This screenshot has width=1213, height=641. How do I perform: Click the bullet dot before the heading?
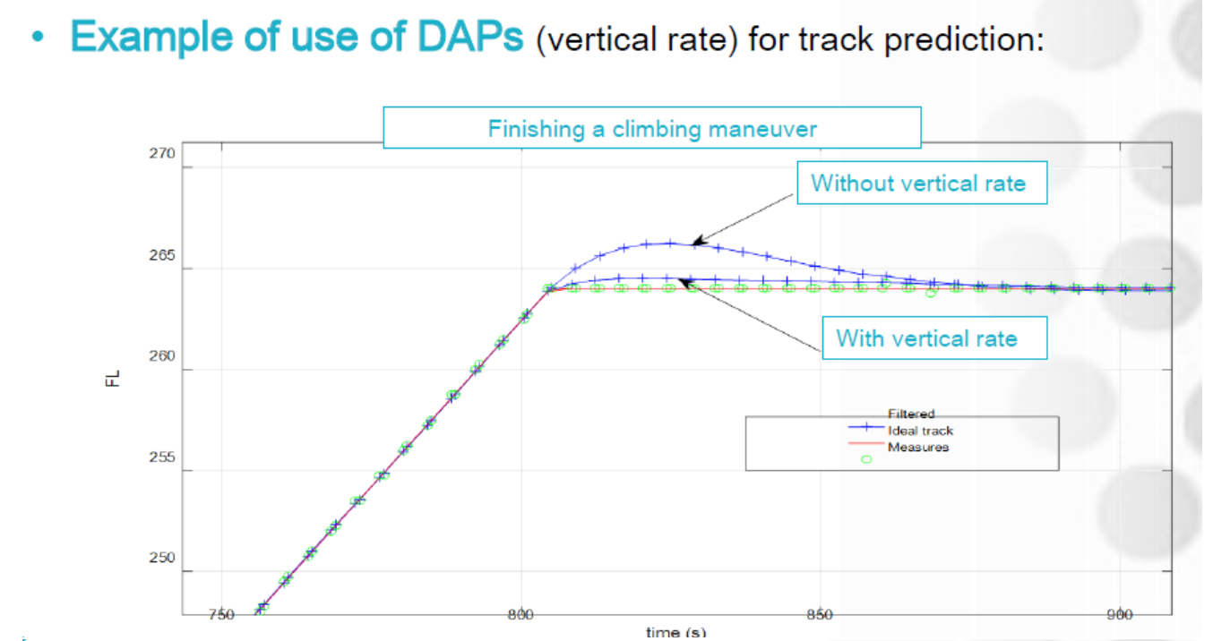[x=37, y=40]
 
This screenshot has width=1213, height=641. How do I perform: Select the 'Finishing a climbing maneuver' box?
[x=652, y=128]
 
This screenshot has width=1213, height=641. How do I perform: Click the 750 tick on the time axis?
[x=220, y=614]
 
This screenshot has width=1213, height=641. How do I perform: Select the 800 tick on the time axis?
[x=520, y=614]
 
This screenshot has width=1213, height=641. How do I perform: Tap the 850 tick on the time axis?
[x=820, y=614]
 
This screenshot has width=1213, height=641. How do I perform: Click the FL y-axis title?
[x=112, y=379]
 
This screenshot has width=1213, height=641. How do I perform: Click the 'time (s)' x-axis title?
[x=675, y=633]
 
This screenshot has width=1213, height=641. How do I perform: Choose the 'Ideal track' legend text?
[x=920, y=431]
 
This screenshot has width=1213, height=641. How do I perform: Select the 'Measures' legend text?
[x=917, y=446]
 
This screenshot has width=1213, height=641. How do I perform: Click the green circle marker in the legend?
[x=866, y=459]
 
